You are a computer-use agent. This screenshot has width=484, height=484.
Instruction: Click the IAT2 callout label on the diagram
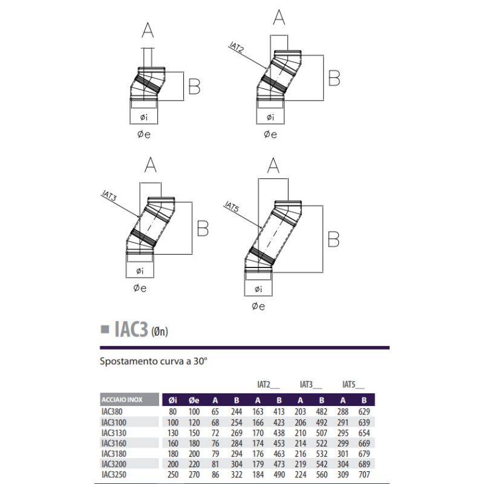(237, 48)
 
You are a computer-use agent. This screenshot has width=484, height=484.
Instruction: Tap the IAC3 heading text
(126, 329)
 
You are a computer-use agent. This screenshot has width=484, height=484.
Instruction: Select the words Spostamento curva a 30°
(153, 363)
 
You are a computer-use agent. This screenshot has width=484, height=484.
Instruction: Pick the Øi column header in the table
(173, 400)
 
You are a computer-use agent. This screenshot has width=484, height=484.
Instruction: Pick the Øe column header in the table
(194, 400)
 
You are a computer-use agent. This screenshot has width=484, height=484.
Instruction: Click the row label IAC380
(112, 411)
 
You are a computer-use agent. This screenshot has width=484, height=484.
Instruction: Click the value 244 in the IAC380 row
(236, 411)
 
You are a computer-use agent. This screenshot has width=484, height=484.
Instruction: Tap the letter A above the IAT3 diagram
(150, 165)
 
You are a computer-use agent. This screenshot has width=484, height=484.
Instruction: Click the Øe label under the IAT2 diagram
(270, 135)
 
